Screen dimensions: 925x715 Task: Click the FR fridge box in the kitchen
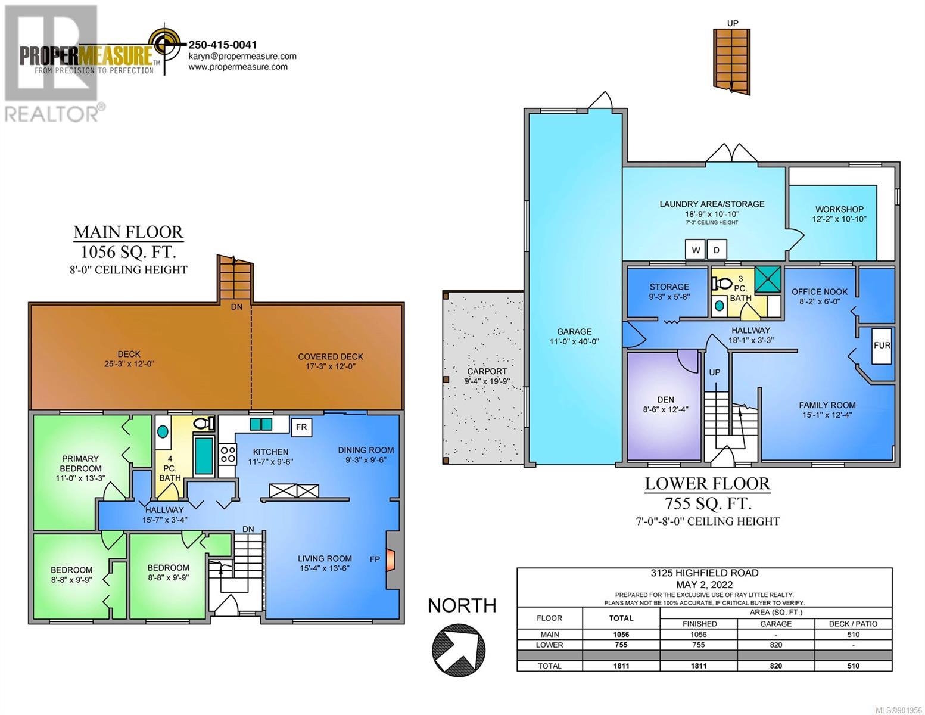click(301, 427)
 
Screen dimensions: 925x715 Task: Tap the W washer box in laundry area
click(696, 250)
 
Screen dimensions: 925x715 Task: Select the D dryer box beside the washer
click(717, 250)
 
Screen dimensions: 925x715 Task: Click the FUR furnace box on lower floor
click(881, 346)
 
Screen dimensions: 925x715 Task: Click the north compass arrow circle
click(459, 650)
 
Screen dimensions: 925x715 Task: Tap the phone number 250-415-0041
click(223, 45)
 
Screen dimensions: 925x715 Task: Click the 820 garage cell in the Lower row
click(775, 645)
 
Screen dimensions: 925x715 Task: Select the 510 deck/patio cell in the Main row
click(853, 634)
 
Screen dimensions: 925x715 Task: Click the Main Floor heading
click(129, 232)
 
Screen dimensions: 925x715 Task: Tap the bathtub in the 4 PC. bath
click(204, 455)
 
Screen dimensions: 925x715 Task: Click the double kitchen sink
click(260, 424)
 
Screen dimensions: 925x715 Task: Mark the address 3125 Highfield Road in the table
click(705, 573)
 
